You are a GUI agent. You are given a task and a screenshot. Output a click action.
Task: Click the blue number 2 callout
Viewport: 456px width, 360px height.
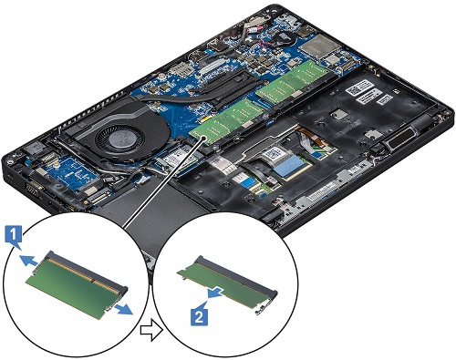coord(199,316)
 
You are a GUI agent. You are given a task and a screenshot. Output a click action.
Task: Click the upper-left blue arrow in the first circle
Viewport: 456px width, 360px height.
coord(29,260)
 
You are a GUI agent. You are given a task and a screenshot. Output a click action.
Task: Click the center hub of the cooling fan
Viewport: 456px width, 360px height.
coord(119,140)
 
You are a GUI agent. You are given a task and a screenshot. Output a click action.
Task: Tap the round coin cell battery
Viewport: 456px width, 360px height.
coord(285,38)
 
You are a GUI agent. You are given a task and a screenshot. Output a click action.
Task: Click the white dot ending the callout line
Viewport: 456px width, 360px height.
coord(203,139)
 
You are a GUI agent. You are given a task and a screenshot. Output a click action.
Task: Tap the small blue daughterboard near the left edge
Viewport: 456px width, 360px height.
coord(72,173)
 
